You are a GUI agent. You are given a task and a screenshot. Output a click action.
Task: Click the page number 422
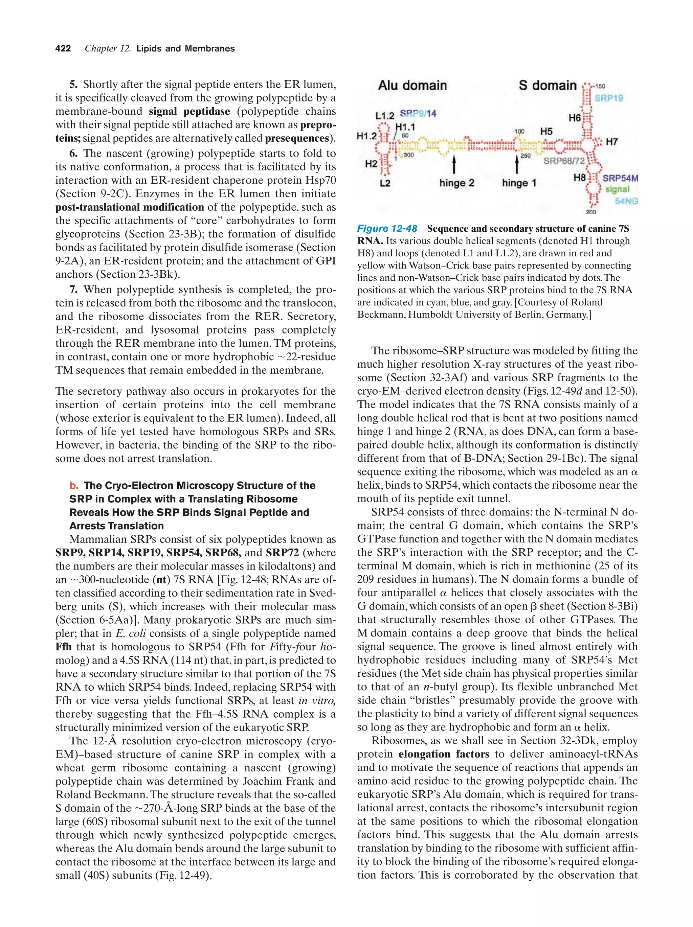[63, 49]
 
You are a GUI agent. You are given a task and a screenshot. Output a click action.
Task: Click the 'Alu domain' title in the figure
[412, 86]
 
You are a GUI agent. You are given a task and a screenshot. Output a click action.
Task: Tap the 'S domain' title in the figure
[547, 86]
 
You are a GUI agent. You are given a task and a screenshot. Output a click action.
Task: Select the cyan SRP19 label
[608, 98]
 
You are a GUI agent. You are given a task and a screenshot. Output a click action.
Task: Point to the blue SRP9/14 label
[418, 113]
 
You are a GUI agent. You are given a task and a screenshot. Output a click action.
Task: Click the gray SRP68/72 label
[563, 161]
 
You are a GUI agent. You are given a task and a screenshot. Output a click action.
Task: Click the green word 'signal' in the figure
[617, 189]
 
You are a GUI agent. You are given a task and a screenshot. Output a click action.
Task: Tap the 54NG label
[626, 201]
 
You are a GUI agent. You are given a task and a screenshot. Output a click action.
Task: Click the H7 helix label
[612, 142]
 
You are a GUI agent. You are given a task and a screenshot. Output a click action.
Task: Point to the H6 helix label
[574, 118]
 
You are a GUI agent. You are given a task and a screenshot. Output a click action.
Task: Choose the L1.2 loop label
[384, 115]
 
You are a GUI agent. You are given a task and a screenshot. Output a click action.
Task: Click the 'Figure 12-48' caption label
[386, 228]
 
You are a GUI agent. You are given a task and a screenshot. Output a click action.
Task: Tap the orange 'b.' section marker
[74, 485]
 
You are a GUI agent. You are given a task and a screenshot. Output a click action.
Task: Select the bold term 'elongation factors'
[444, 754]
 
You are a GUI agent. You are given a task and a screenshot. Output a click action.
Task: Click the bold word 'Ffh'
[63, 647]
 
